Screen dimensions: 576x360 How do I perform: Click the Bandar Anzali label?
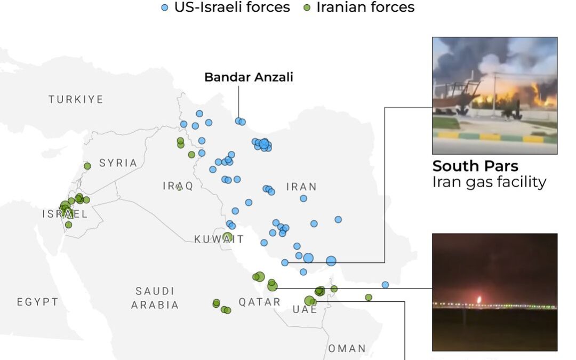pyautogui.click(x=249, y=77)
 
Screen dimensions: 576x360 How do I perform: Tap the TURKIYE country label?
pyautogui.click(x=76, y=100)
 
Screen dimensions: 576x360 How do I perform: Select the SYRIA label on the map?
pyautogui.click(x=118, y=163)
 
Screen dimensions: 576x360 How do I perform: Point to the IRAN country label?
pyautogui.click(x=301, y=187)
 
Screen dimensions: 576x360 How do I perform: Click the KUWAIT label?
pyautogui.click(x=219, y=239)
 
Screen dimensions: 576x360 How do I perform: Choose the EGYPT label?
pyautogui.click(x=37, y=302)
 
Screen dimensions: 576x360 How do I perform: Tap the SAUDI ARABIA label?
pyautogui.click(x=155, y=298)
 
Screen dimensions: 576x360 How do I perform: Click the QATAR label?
pyautogui.click(x=259, y=302)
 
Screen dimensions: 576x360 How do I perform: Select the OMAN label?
pyautogui.click(x=347, y=348)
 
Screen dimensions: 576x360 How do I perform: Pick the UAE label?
pyautogui.click(x=305, y=309)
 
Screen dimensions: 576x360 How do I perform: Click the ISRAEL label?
pyautogui.click(x=65, y=214)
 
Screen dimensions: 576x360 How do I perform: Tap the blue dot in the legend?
pyautogui.click(x=165, y=7)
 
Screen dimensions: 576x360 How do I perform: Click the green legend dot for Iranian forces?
pyautogui.click(x=307, y=7)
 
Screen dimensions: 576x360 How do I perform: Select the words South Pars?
pyautogui.click(x=475, y=165)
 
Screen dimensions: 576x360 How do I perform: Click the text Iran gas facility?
pyautogui.click(x=489, y=182)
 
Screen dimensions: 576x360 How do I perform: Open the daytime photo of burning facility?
pyautogui.click(x=494, y=95)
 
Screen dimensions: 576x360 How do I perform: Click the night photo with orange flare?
pyautogui.click(x=494, y=292)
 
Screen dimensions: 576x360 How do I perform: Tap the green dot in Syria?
pyautogui.click(x=87, y=166)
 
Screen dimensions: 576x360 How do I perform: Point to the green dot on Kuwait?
pyautogui.click(x=227, y=237)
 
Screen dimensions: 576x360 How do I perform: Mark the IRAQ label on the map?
pyautogui.click(x=178, y=186)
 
